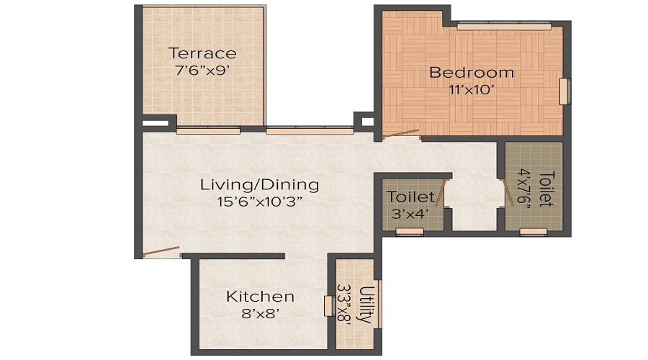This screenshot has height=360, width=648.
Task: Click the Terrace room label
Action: (x=202, y=53)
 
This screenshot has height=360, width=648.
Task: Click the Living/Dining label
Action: (x=259, y=185)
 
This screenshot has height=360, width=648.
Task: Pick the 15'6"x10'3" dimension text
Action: (x=259, y=202)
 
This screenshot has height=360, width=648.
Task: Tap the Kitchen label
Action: (x=260, y=297)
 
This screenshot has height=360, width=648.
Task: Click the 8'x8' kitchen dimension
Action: (x=260, y=314)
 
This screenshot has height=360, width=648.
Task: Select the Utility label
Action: (x=366, y=305)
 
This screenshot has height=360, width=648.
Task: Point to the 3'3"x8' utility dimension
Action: (x=345, y=305)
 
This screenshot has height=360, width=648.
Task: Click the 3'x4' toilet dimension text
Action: (x=410, y=214)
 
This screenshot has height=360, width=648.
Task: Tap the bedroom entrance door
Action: (x=400, y=133)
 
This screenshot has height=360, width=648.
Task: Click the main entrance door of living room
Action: (x=161, y=252)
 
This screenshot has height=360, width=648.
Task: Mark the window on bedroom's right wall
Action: (x=565, y=91)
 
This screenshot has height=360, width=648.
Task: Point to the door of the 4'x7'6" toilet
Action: (x=506, y=193)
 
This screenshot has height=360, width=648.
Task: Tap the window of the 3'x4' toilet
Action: (x=410, y=232)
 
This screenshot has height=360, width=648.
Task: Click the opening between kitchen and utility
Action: (x=328, y=305)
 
